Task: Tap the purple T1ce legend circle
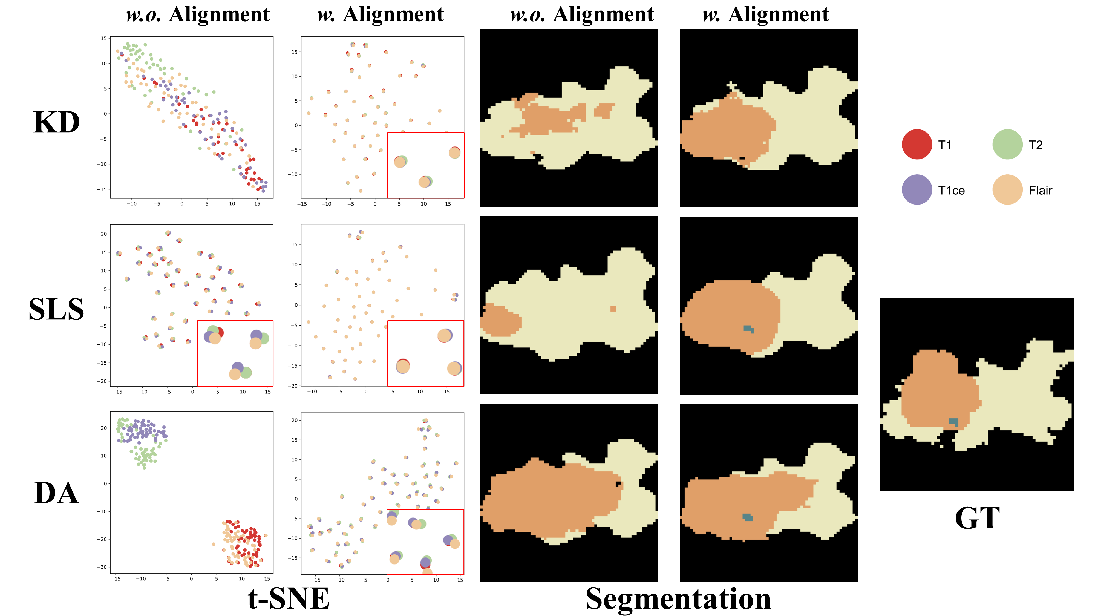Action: tap(917, 190)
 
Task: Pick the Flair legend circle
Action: tap(1007, 190)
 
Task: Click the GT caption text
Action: tap(977, 518)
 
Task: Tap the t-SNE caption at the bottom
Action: tap(288, 598)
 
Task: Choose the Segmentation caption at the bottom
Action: tap(678, 598)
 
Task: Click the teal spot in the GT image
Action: tap(954, 422)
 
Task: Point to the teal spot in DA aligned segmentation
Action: tap(748, 517)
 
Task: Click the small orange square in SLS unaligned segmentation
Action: tap(613, 309)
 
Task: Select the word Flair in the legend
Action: tap(1040, 191)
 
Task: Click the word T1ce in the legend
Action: tap(951, 191)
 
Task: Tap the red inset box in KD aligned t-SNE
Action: tap(425, 165)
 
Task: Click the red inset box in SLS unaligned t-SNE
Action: tap(235, 353)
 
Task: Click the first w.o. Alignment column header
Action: tap(198, 15)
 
